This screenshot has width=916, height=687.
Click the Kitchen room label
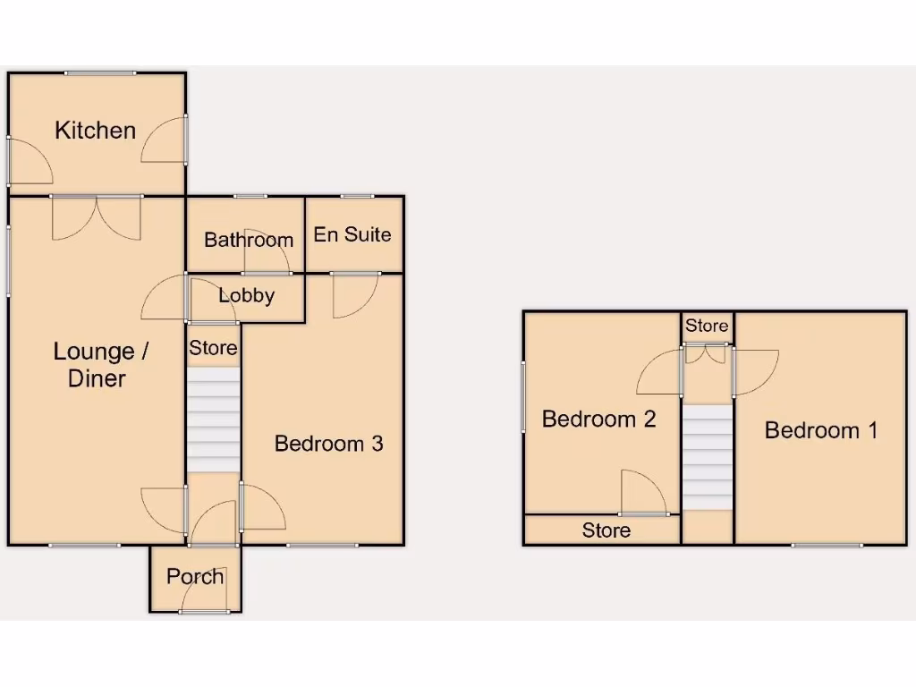pos(96,131)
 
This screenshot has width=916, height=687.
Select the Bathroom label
pos(249,240)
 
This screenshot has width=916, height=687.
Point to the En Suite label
pos(352,234)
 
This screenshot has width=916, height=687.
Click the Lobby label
pos(247,295)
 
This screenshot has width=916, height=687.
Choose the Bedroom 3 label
pos(328,443)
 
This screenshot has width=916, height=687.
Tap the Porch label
pos(195,576)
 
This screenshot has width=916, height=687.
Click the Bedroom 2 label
pos(599,419)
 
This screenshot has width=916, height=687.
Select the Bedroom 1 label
pos(821,430)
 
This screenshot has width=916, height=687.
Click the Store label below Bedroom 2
pos(606,530)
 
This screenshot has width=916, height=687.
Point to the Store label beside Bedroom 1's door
pos(707,327)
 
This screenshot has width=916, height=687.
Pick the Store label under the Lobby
pos(214,348)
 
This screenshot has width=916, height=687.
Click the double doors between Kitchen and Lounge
pos(97,216)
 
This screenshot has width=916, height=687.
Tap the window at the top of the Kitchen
pos(100,73)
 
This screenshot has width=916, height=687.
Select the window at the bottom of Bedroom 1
pos(827,544)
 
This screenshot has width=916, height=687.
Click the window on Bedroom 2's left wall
pos(523,396)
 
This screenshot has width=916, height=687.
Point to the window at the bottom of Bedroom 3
pos(323,544)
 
